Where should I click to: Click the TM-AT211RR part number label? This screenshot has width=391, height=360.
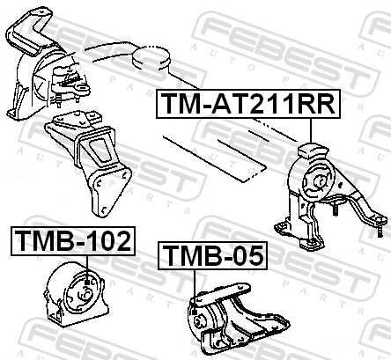248,104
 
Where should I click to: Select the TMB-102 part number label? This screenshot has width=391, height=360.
73,241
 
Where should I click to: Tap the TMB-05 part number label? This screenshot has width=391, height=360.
213,255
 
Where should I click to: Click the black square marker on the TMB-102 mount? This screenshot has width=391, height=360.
87,283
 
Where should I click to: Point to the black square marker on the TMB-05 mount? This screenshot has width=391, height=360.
195,312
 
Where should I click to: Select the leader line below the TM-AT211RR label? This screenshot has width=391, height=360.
311,130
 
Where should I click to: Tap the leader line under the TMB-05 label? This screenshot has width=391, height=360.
195,290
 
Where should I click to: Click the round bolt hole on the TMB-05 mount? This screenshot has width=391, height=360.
199,320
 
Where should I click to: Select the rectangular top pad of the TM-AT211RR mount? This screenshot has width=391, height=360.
312,151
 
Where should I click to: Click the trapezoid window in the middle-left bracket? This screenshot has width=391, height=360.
100,151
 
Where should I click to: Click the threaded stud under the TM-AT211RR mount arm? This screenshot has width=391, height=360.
335,208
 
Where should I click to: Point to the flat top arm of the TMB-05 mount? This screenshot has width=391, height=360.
221,294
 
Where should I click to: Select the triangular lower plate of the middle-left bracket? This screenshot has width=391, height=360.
109,190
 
